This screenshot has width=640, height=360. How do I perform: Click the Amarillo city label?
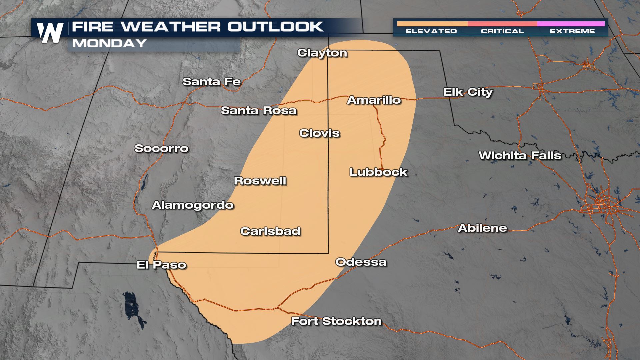tap(374, 100)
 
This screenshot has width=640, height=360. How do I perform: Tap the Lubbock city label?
tap(378, 172)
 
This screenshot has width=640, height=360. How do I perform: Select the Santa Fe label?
tap(212, 82)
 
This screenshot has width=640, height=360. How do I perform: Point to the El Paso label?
tap(162, 265)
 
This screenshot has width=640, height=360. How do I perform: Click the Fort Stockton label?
tap(336, 321)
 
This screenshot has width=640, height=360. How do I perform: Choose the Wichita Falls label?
tap(520, 156)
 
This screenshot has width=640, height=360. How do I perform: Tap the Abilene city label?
tap(482, 228)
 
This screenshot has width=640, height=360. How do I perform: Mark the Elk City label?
tap(468, 92)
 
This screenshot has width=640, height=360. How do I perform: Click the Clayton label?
tap(322, 53)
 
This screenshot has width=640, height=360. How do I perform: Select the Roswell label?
tap(260, 181)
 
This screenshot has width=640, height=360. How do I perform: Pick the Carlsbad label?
tap(270, 231)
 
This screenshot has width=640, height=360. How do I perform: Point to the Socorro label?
tap(161, 148)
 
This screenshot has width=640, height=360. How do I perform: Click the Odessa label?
tap(361, 262)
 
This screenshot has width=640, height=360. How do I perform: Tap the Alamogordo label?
tap(193, 205)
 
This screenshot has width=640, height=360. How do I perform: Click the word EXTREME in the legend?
tap(572, 31)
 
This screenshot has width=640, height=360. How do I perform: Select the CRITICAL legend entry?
tap(502, 31)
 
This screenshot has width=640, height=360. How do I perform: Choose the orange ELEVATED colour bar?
tap(432, 24)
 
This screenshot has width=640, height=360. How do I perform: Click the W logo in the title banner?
tap(50, 33)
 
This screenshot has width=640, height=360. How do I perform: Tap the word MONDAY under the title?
tap(109, 43)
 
